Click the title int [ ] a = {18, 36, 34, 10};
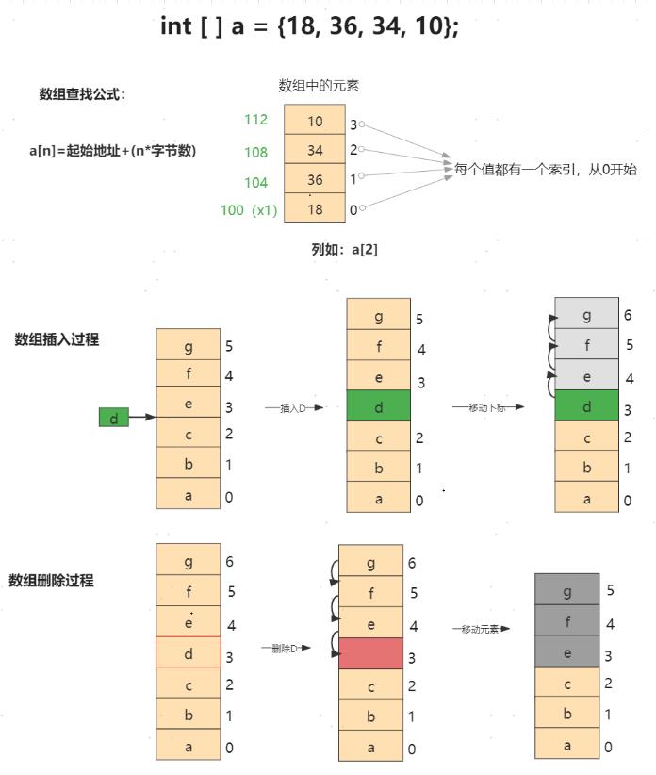coord(309,25)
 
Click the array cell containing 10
coord(315,122)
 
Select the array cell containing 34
coord(315,151)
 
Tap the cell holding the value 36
coord(315,180)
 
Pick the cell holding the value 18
coord(315,209)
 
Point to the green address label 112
coord(255,120)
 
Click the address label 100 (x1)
coord(249,210)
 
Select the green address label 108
coord(255,152)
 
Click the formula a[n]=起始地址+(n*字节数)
coord(112,150)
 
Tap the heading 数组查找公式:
coord(82,93)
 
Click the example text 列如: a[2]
coord(345,250)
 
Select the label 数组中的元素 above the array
coord(319,86)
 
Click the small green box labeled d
coord(113,417)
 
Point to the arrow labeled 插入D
coord(294,408)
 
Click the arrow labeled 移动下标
coord(487,407)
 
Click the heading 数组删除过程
coord(51,580)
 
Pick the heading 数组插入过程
coord(57,339)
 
